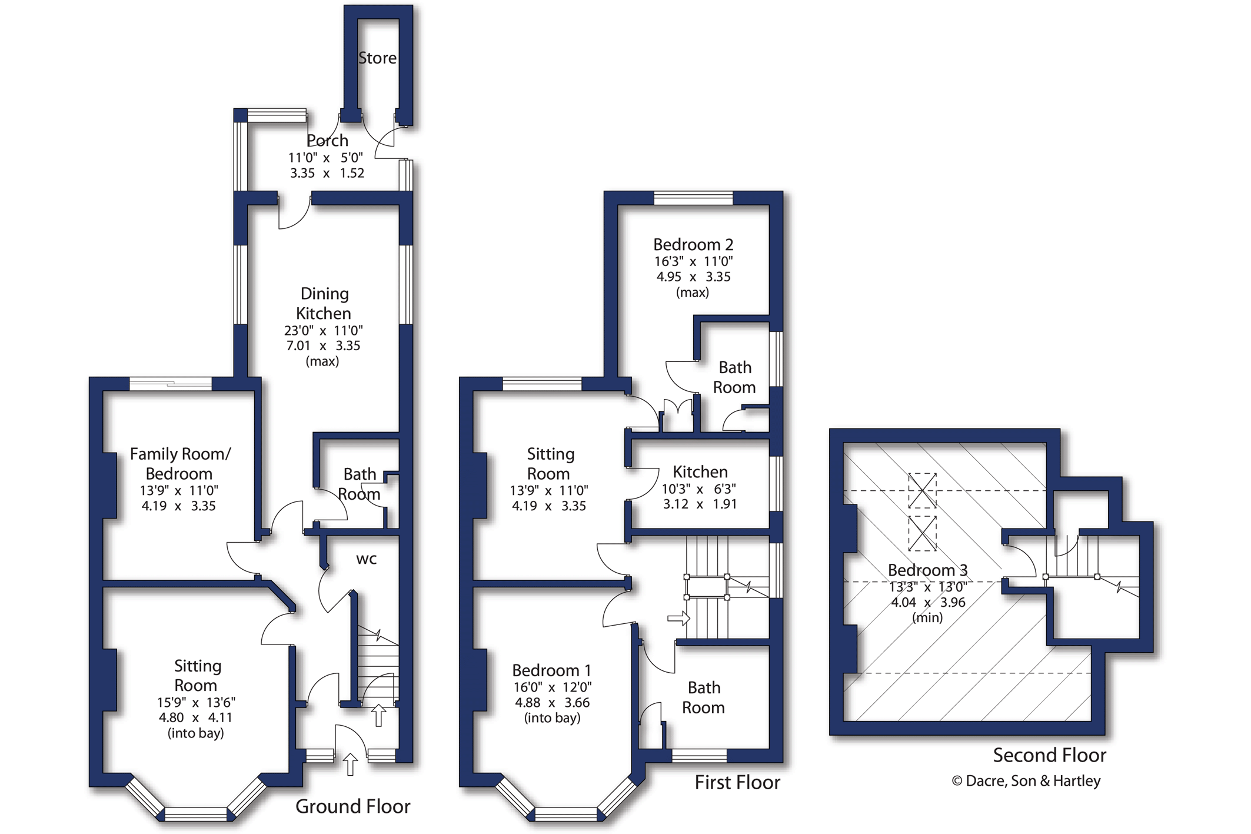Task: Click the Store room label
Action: click(377, 58)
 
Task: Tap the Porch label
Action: click(327, 141)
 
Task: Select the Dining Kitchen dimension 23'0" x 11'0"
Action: click(323, 331)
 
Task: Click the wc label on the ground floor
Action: click(366, 559)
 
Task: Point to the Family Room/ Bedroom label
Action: click(179, 464)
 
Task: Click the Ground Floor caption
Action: click(352, 806)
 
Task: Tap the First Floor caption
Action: click(737, 782)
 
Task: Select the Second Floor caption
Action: click(1049, 755)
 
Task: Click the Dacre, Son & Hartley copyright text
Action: click(1026, 781)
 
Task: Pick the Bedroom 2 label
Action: click(693, 244)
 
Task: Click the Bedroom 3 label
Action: click(927, 570)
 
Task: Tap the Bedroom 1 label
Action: click(551, 670)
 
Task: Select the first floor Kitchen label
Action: click(700, 472)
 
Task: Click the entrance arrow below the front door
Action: click(351, 764)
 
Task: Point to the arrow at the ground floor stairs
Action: click(379, 715)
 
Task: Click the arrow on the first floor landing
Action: click(678, 618)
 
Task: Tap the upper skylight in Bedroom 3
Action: click(922, 490)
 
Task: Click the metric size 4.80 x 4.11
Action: click(195, 717)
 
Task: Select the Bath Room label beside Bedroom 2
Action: click(734, 377)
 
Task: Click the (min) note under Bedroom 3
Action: click(927, 617)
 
